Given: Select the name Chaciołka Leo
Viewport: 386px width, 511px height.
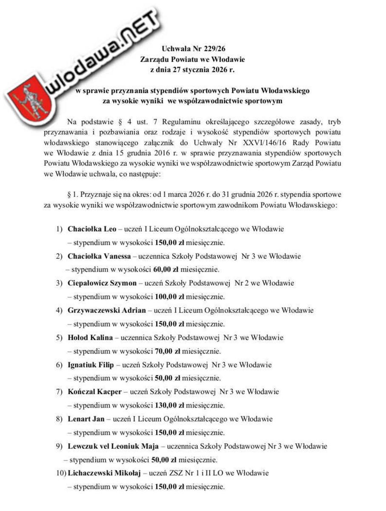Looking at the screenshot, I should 89,229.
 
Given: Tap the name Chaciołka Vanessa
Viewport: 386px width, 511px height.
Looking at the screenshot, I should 98,256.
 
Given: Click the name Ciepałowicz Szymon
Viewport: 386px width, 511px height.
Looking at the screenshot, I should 102,283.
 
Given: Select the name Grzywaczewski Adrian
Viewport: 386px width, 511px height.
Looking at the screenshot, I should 107,310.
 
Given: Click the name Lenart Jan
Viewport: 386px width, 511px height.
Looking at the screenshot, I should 86,419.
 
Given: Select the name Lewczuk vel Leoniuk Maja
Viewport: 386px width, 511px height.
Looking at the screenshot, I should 113,446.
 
